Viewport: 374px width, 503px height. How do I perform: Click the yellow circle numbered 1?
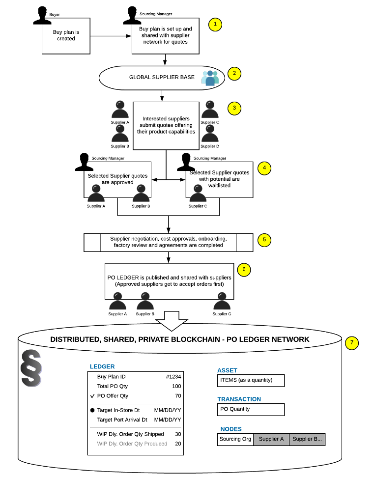click(215, 25)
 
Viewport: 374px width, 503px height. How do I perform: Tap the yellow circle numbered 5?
click(264, 240)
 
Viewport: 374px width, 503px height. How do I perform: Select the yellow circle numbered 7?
click(352, 343)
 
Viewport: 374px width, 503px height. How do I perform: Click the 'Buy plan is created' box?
click(66, 36)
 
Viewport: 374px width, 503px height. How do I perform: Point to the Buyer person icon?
click(42, 15)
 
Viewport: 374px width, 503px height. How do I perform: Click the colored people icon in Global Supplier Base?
click(210, 78)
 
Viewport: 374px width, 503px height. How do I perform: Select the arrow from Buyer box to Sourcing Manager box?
click(111, 36)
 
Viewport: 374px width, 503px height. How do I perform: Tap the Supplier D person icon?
click(210, 134)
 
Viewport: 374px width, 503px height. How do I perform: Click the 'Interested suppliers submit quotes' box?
click(166, 126)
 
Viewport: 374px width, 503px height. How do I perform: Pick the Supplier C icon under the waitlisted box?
click(198, 193)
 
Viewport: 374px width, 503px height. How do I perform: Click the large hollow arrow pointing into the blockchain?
click(172, 321)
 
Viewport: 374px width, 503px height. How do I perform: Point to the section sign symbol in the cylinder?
click(31, 368)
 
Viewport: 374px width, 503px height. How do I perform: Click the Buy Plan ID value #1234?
click(173, 377)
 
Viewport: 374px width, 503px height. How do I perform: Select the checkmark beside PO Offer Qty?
click(92, 396)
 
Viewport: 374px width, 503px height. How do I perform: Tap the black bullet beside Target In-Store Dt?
click(92, 410)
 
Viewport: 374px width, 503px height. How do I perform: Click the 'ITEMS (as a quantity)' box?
click(251, 381)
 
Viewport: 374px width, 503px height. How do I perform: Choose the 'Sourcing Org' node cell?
click(235, 439)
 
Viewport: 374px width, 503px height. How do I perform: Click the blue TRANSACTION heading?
click(239, 399)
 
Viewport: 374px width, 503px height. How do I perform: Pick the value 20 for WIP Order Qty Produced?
click(178, 444)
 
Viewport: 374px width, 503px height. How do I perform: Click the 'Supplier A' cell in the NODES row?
click(271, 439)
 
